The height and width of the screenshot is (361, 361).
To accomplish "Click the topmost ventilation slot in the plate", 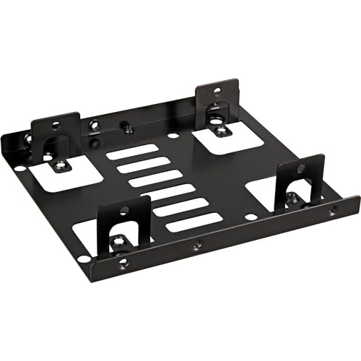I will coord(131,152).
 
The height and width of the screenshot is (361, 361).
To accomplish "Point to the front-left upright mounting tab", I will coord(123,217).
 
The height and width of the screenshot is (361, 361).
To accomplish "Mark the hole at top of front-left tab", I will coord(124,211).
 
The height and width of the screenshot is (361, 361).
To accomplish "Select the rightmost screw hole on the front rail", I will coord(331,212).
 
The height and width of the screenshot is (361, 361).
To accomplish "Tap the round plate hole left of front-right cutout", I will coord(250,217).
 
